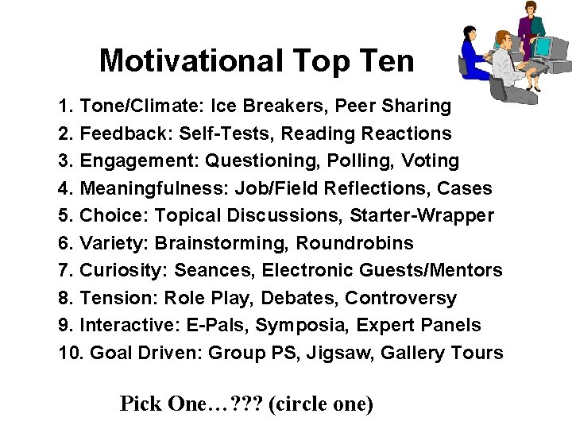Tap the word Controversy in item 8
point(412,299)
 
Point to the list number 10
point(68,353)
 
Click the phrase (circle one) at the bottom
point(321,404)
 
